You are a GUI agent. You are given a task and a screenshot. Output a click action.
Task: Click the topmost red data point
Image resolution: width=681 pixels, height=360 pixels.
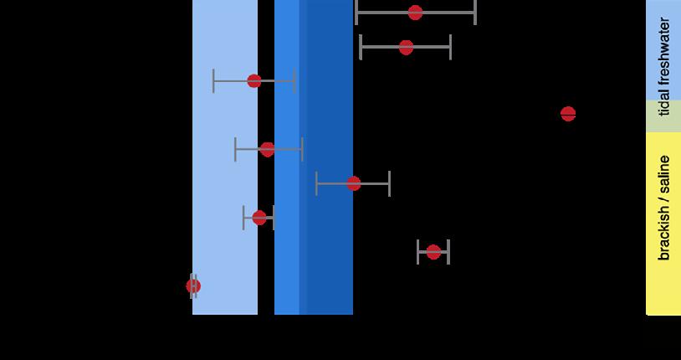(415, 13)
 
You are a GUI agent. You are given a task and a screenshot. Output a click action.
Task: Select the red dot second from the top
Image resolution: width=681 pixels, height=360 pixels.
(406, 48)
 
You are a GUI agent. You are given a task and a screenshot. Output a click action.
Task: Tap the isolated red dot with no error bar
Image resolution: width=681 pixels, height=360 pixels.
(568, 114)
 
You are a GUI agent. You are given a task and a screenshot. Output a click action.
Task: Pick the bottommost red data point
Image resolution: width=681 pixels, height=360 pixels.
(193, 286)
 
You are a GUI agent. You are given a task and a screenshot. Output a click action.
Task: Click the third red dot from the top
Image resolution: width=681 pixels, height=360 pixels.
(254, 81)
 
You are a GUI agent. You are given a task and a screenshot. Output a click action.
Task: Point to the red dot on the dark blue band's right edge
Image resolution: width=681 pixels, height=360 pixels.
(353, 183)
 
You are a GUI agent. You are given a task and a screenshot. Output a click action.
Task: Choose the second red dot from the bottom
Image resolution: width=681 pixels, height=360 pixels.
(433, 252)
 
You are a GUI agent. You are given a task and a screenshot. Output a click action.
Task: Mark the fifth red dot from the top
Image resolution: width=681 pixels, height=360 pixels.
(268, 150)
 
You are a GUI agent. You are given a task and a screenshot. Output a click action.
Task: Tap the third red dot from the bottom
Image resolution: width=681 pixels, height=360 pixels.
(259, 218)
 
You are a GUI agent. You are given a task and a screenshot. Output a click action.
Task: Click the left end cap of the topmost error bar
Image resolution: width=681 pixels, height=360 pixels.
(356, 13)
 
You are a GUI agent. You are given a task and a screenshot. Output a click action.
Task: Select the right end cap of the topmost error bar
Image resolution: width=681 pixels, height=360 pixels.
(475, 13)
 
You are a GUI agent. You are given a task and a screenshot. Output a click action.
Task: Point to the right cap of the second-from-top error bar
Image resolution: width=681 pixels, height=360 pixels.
(450, 48)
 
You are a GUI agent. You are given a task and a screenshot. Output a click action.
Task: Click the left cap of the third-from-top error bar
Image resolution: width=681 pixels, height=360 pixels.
(213, 81)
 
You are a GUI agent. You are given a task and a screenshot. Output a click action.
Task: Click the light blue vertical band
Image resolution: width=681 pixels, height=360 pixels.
(224, 167)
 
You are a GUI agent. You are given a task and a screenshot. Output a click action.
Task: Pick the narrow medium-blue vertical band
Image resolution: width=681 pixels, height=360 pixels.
(286, 167)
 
